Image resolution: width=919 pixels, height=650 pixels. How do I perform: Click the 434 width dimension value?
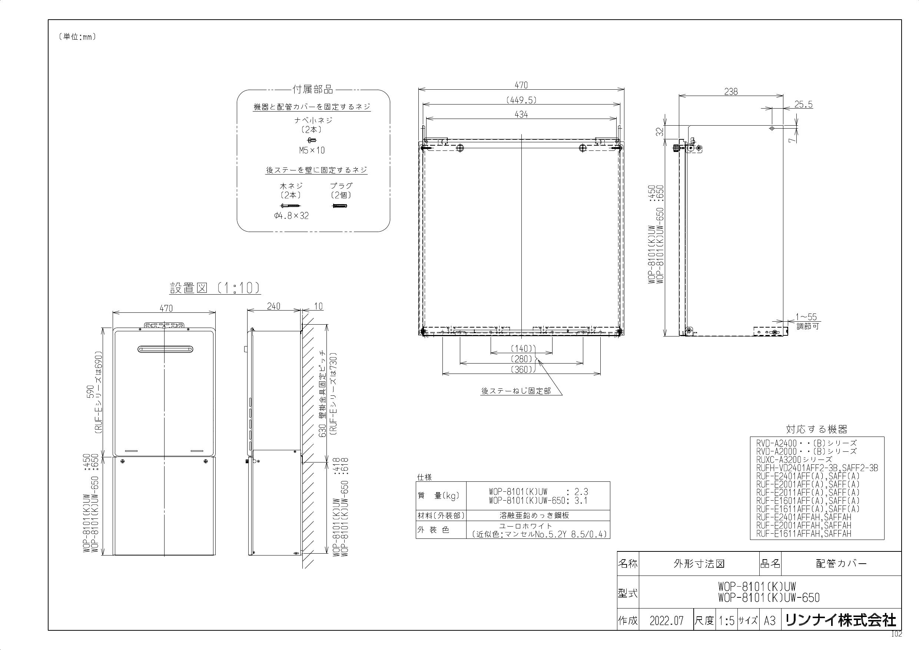(x=521, y=115)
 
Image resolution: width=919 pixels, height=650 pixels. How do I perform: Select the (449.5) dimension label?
(x=521, y=100)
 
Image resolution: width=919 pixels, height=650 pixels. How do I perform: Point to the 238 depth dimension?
(x=731, y=92)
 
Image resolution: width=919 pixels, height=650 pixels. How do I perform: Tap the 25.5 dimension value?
(x=804, y=105)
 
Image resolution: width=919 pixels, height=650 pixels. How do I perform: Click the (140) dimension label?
(x=521, y=348)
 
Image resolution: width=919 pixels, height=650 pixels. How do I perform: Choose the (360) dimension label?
(x=521, y=369)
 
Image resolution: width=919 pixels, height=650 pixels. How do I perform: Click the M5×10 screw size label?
(x=312, y=150)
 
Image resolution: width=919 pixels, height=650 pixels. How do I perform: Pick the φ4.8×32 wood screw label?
(x=291, y=216)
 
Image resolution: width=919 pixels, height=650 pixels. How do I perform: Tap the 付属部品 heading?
(x=313, y=89)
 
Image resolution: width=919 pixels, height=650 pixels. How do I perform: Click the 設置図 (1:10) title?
(x=215, y=288)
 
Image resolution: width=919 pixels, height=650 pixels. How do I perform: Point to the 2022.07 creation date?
(x=666, y=621)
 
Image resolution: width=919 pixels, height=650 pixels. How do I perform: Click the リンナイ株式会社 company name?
(x=841, y=620)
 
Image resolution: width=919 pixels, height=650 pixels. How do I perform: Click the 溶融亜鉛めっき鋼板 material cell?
(x=534, y=515)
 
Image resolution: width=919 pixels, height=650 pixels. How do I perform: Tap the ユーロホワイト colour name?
(x=525, y=526)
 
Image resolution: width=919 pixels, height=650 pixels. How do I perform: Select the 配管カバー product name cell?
(x=841, y=564)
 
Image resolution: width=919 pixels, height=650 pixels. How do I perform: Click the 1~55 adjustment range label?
(x=806, y=317)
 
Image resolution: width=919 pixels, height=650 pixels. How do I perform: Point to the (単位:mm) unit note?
(x=77, y=37)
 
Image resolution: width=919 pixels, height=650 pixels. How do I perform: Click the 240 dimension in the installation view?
(x=273, y=306)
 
